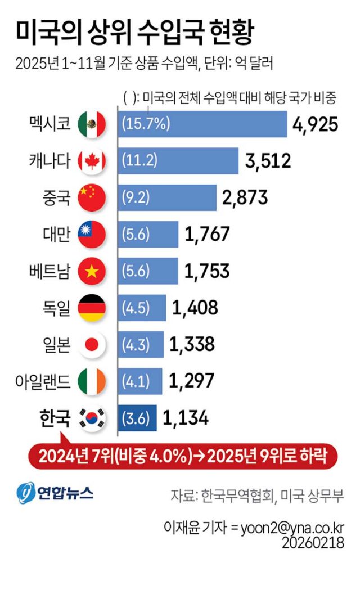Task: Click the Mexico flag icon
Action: click(91, 124)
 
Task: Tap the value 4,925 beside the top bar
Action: click(315, 124)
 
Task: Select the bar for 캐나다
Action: click(178, 161)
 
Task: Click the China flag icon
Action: click(91, 197)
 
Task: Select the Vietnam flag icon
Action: click(91, 271)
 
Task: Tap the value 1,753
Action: click(206, 271)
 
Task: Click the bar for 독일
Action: click(142, 308)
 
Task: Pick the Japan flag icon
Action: click(91, 344)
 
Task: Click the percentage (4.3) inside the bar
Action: click(136, 344)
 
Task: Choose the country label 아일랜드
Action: click(43, 381)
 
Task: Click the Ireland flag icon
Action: click(91, 381)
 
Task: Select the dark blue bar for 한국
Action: click(137, 418)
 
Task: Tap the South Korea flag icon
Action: click(91, 418)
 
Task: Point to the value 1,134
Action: click(186, 418)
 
